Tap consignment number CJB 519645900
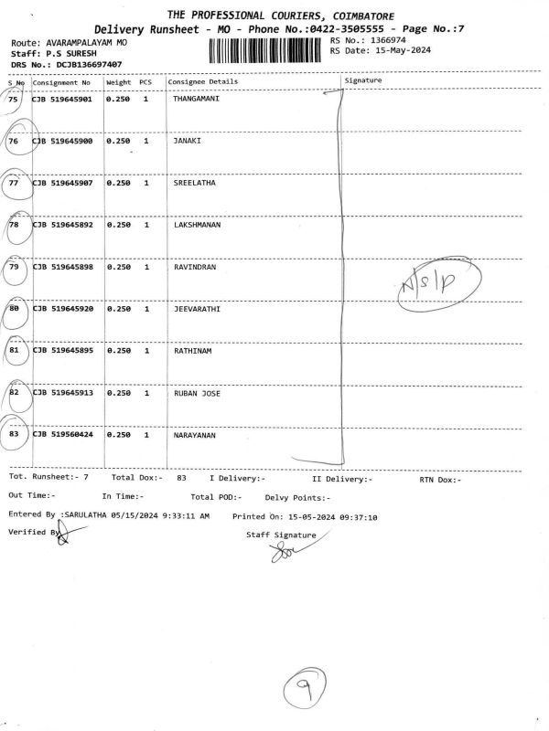[x=62, y=142]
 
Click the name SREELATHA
[x=194, y=183]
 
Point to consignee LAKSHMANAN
[x=198, y=225]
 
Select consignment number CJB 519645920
[x=62, y=309]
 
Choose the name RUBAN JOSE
[x=198, y=393]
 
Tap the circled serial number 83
[x=14, y=434]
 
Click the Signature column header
[x=363, y=81]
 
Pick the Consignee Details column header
[x=203, y=81]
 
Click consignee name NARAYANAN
[x=195, y=435]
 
